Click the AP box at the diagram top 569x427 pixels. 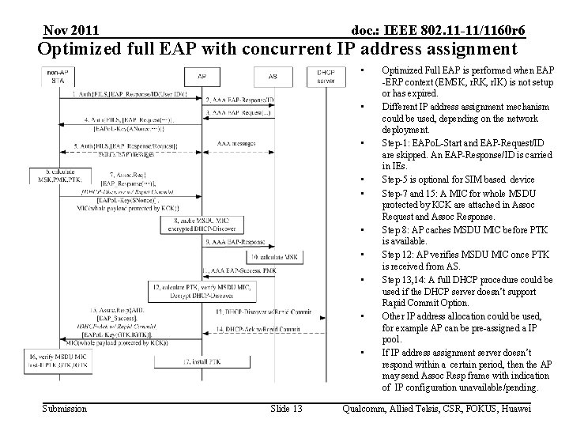202,77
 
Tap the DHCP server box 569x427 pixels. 325,77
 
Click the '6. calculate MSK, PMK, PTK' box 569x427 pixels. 55,175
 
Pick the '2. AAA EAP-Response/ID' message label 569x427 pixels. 239,100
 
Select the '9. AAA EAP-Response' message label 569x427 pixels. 235,241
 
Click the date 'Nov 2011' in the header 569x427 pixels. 72,30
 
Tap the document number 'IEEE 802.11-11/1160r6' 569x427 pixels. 439,30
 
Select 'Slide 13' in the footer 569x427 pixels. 285,408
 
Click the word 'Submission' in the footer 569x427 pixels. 64,408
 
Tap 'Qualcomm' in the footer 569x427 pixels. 366,408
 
